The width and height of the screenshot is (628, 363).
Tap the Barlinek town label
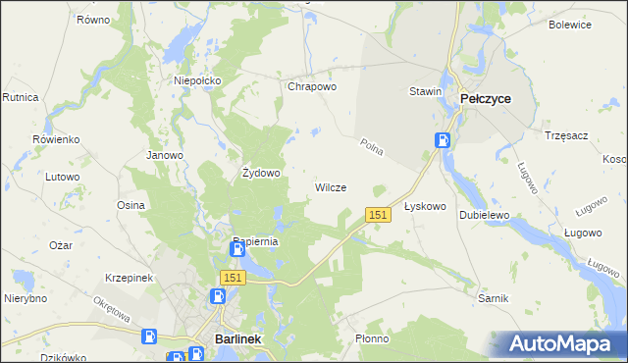pos(236,339)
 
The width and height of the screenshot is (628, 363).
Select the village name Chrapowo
pos(312,86)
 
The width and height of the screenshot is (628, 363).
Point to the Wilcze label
pos(330,187)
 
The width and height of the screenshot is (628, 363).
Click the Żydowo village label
pos(262,173)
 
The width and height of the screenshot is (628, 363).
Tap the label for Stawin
pos(426,91)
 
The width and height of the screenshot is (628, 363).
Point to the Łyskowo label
pos(425,207)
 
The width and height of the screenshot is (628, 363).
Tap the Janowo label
pos(165,155)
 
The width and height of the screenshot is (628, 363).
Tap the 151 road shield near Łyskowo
pos(379,214)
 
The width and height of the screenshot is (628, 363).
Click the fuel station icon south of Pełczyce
pos(444,140)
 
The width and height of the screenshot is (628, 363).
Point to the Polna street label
pos(371,147)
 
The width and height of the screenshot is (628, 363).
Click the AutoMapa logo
pos(559,344)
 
